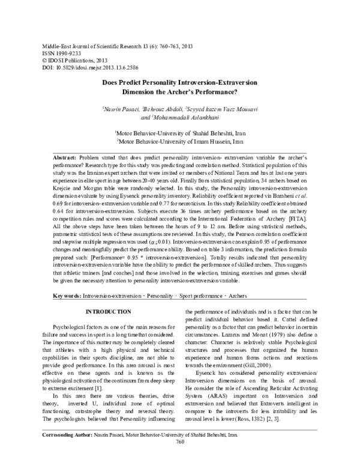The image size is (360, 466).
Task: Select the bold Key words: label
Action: (x=67, y=295)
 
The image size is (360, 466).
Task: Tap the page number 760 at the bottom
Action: (x=179, y=459)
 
